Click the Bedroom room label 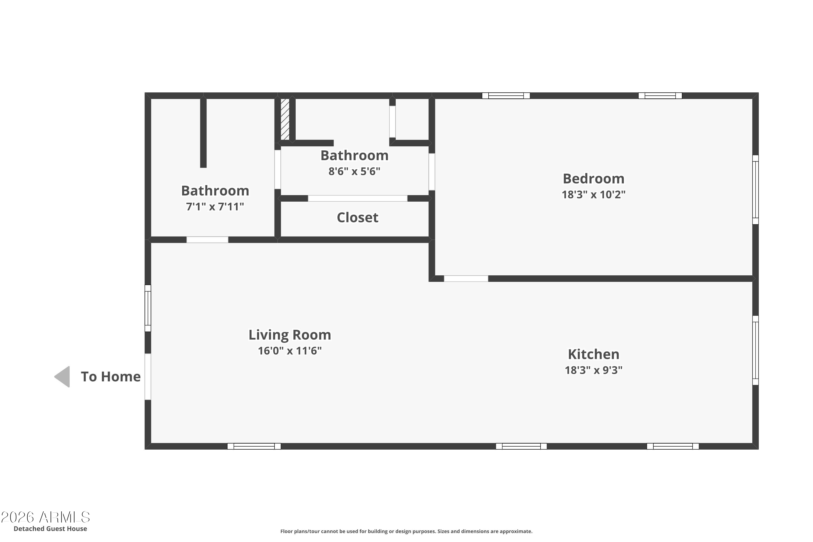click(593, 179)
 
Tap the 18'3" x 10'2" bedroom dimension click(593, 195)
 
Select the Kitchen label click(593, 354)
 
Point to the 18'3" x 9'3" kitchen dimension click(593, 370)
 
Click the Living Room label click(290, 335)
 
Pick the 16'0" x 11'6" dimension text click(290, 351)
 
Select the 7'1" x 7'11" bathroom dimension click(215, 207)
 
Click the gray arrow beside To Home click(63, 376)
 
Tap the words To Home click(111, 377)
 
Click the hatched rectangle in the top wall click(285, 119)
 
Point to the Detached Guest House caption click(50, 528)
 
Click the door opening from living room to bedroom click(466, 279)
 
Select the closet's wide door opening click(357, 198)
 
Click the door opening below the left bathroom click(207, 240)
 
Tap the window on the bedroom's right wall click(755, 189)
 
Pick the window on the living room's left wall click(148, 308)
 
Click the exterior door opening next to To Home click(148, 376)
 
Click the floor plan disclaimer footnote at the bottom click(406, 531)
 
